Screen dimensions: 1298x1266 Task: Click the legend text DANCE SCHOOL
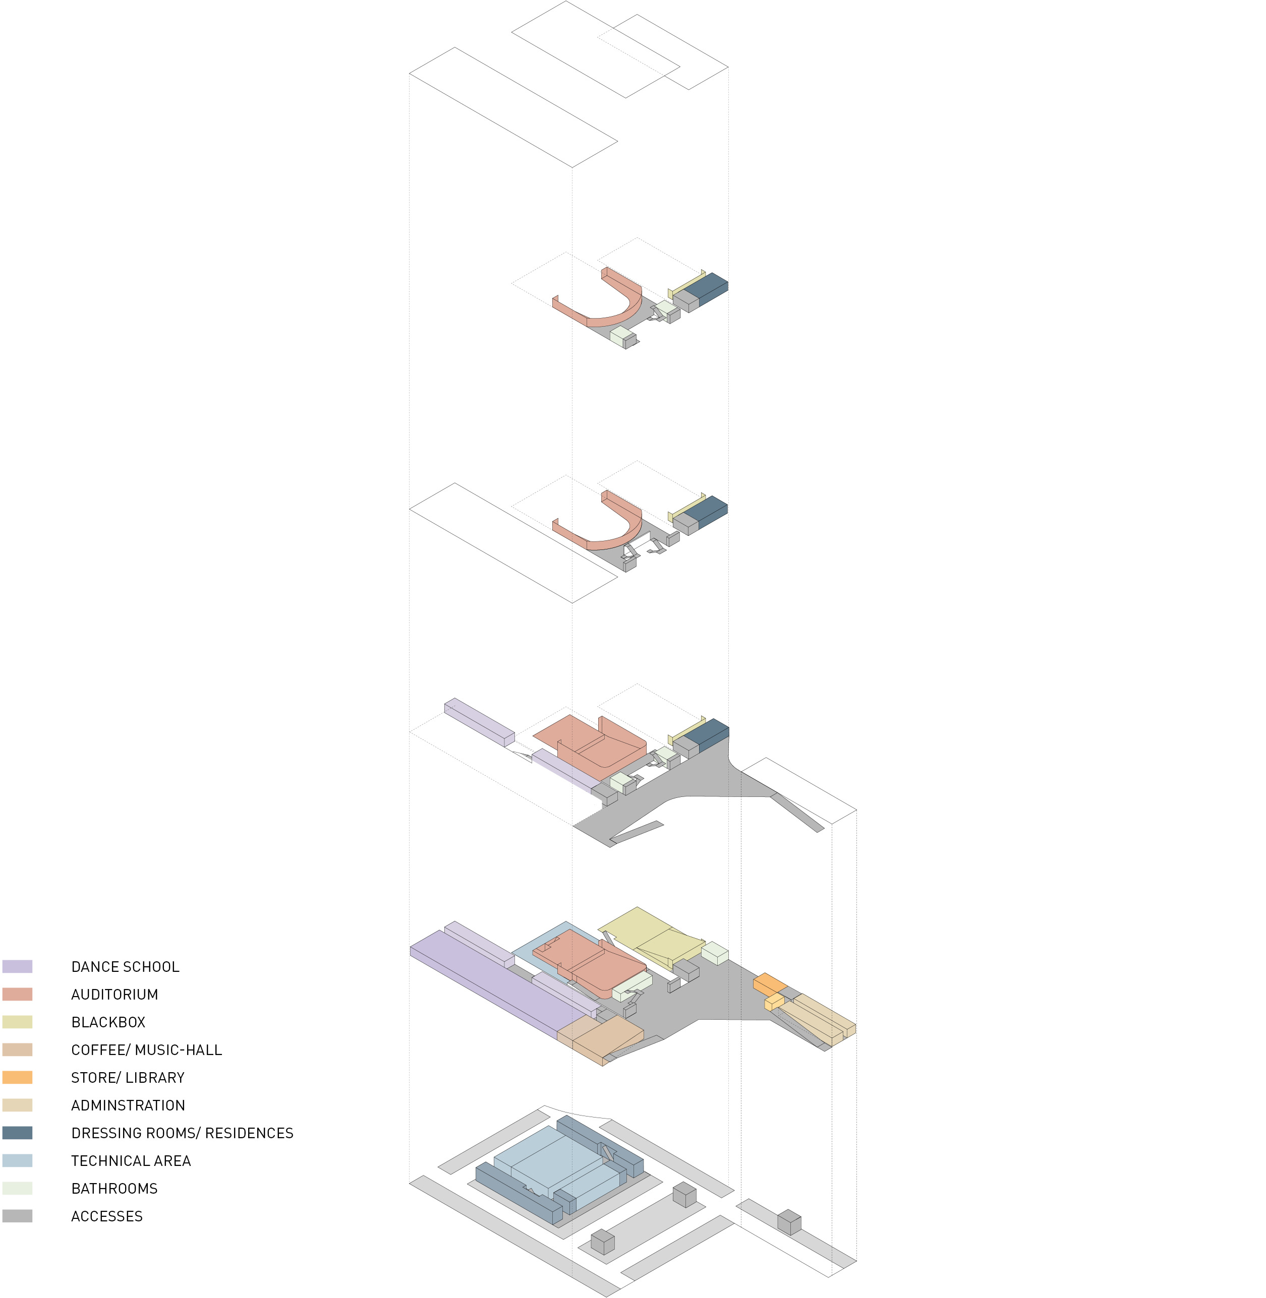pyautogui.click(x=125, y=967)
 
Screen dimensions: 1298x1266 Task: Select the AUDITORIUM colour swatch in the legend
pyautogui.click(x=17, y=994)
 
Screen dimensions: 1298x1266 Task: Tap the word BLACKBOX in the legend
pyautogui.click(x=108, y=1022)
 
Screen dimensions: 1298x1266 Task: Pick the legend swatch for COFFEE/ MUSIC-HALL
pyautogui.click(x=17, y=1049)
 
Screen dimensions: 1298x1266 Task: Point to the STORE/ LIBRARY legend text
pyautogui.click(x=128, y=1077)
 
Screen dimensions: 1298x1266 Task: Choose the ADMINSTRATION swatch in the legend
pyautogui.click(x=17, y=1105)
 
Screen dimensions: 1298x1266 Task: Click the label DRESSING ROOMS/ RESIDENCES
pyautogui.click(x=182, y=1133)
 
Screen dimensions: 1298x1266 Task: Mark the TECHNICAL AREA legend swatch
pyautogui.click(x=17, y=1160)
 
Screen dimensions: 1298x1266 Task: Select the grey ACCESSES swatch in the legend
pyautogui.click(x=17, y=1216)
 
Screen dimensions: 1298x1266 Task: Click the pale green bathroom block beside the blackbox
pyautogui.click(x=715, y=952)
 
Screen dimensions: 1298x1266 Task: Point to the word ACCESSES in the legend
pyautogui.click(x=106, y=1216)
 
